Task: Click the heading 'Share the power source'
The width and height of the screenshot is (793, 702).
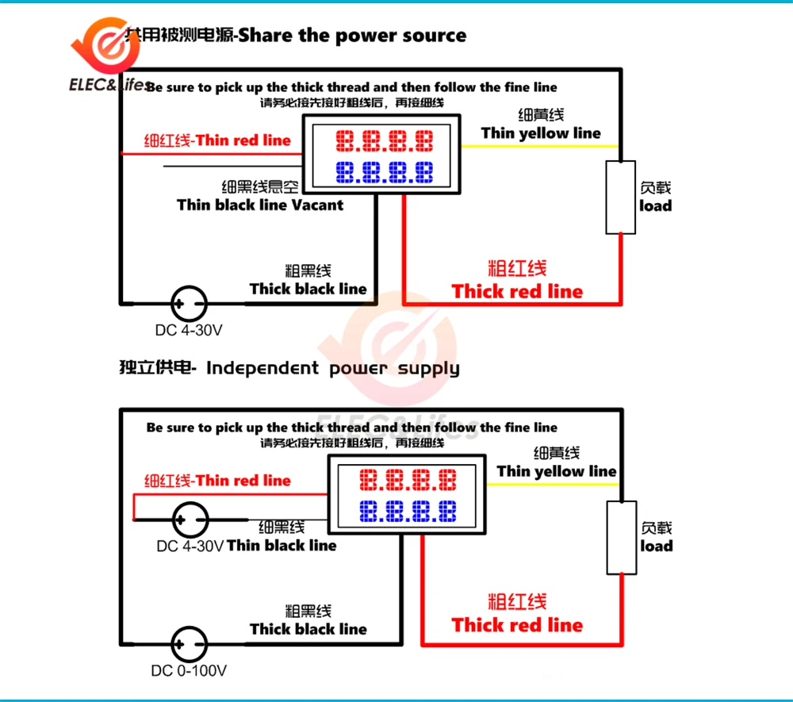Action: tap(352, 35)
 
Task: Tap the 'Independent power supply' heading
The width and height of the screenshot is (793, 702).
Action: tap(332, 368)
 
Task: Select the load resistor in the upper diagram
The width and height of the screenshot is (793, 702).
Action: tap(621, 197)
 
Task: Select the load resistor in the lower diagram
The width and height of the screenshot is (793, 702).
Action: tap(623, 537)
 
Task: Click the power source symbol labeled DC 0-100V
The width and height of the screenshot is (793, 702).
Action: tap(190, 641)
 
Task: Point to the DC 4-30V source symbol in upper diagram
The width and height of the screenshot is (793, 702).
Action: tap(190, 302)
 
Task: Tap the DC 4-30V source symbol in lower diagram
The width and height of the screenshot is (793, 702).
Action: tap(190, 520)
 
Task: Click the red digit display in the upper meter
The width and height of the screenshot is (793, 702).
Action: tap(385, 142)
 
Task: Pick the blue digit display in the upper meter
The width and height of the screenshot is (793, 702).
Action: tap(385, 171)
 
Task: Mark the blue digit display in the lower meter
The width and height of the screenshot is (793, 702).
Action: tap(408, 510)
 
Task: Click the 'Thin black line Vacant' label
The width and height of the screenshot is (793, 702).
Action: tap(260, 205)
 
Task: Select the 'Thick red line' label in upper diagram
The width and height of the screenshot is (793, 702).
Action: tap(517, 291)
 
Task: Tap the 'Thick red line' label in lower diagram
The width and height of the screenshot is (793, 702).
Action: tap(517, 625)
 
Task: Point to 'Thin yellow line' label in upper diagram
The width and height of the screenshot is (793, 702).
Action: tap(541, 133)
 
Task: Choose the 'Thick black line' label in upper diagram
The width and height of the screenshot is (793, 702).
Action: tap(308, 289)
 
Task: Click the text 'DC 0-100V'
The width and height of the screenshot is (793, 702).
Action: tap(190, 671)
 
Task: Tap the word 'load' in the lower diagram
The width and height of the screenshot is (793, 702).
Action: tap(656, 547)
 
